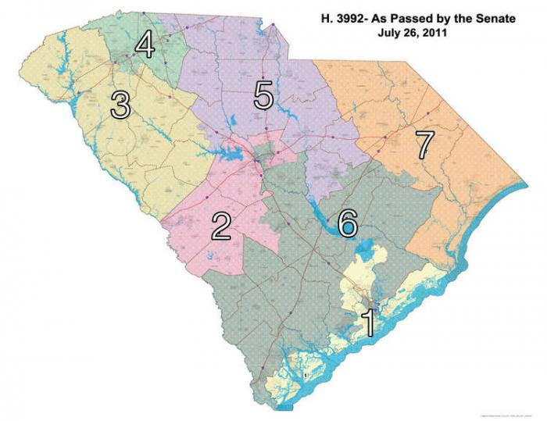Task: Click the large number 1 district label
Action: [367, 321]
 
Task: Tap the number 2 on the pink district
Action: [221, 226]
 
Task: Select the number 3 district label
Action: [120, 105]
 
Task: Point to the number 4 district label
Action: [144, 45]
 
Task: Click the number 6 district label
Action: [348, 223]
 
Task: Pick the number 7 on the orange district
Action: [424, 144]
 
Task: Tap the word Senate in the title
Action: [496, 20]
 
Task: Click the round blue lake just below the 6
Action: [362, 252]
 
